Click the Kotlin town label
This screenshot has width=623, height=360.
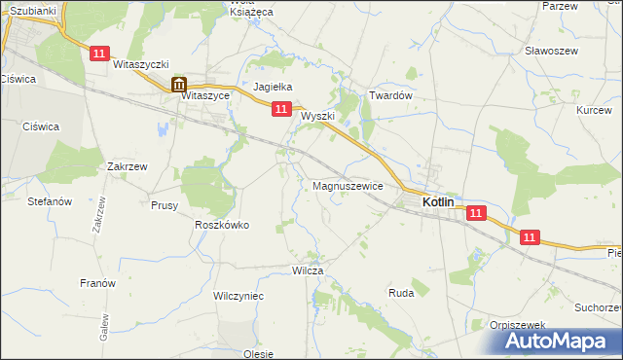coord(446,201)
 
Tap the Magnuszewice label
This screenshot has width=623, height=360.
coord(348,185)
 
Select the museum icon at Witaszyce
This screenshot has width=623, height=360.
coord(179,85)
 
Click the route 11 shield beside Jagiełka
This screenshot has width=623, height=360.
coord(280,110)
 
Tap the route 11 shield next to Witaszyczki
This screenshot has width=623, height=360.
coord(98,55)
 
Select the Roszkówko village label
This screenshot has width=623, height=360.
coord(222,225)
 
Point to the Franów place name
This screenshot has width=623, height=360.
coord(97,283)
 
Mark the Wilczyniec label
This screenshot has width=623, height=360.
coord(238,295)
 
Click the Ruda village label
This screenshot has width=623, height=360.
coord(401,292)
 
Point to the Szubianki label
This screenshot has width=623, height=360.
coord(33,10)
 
